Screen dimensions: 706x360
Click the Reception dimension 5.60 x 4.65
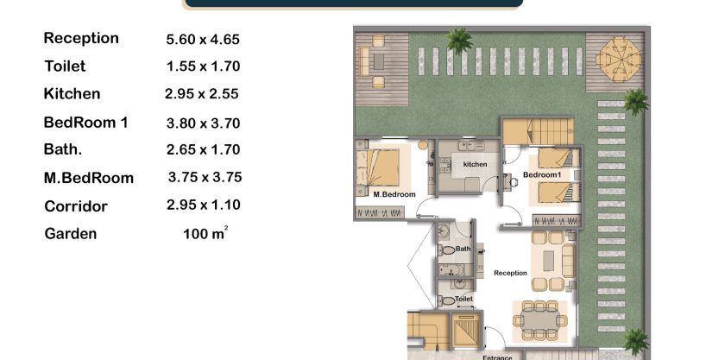[203, 39]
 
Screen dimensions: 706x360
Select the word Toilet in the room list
[65, 66]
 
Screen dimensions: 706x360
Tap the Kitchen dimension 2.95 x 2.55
[201, 94]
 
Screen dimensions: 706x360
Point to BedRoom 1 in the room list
[85, 123]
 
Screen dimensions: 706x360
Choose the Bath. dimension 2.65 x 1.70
[203, 149]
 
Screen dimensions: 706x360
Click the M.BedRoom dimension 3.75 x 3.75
[205, 177]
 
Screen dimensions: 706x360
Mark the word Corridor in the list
[76, 206]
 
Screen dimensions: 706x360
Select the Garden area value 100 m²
[205, 233]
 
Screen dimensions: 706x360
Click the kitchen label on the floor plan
[475, 164]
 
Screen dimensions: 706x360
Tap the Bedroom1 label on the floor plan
[542, 174]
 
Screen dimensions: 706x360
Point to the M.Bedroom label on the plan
[394, 194]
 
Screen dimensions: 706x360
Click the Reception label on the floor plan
[510, 273]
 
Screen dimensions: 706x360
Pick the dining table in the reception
[539, 321]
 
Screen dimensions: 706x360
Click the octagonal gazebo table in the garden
[619, 60]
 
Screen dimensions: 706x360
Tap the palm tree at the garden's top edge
[459, 41]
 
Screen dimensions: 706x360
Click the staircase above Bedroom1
[538, 131]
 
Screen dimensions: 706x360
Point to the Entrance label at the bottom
[497, 357]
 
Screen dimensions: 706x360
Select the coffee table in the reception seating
[548, 261]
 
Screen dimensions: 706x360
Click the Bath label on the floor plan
[463, 249]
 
